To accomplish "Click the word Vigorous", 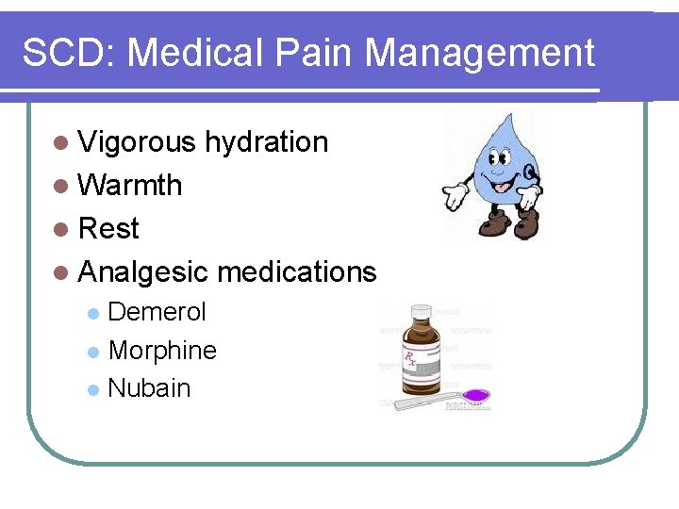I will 137,142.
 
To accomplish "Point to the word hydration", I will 267,142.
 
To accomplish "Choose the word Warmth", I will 130,185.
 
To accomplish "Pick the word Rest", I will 108,228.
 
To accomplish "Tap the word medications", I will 297,272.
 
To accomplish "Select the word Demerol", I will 157,312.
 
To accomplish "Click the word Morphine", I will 162,351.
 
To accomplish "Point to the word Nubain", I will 149,388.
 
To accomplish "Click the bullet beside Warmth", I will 61,186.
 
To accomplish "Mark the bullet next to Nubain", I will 92,389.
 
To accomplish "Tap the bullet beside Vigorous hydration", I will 61,143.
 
